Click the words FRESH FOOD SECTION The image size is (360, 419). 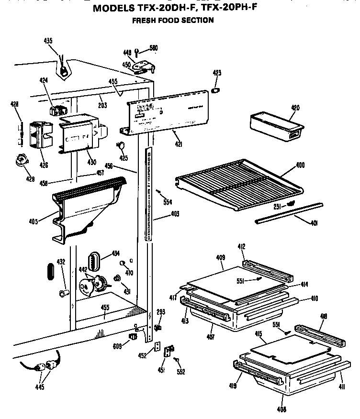172,20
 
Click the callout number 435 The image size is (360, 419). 48,41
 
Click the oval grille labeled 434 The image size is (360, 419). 94,262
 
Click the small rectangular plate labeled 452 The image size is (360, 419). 157,346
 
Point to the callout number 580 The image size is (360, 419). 153,48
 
